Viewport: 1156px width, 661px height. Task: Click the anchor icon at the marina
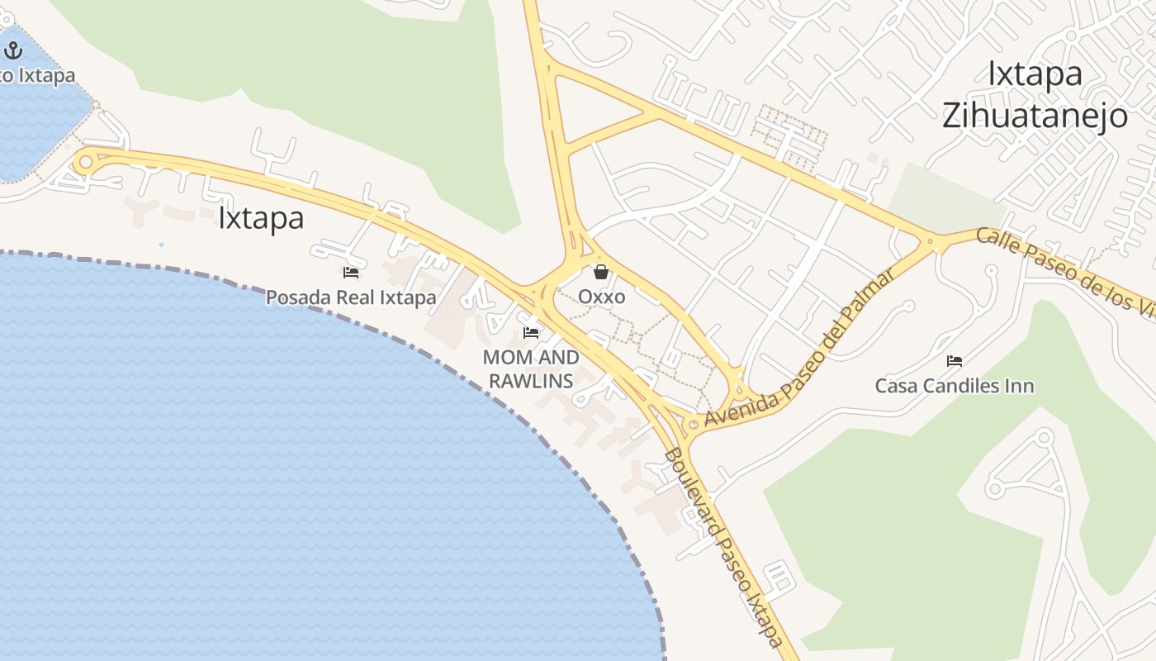click(x=12, y=51)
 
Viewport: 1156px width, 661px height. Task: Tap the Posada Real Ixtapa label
click(x=351, y=297)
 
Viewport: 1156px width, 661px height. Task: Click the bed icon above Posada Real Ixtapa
click(x=351, y=273)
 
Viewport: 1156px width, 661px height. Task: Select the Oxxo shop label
click(x=601, y=296)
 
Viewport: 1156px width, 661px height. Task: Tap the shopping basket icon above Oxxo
click(x=601, y=272)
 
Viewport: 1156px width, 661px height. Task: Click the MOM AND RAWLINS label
click(x=531, y=369)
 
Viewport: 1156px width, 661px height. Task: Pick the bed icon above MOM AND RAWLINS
click(x=531, y=333)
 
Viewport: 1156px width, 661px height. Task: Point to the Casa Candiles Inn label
click(x=955, y=386)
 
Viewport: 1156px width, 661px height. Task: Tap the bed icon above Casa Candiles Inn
click(x=955, y=361)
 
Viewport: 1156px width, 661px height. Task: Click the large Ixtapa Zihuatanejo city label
click(x=1035, y=94)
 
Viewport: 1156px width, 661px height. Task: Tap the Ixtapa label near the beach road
click(x=261, y=218)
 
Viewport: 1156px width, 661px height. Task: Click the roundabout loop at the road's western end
click(x=84, y=162)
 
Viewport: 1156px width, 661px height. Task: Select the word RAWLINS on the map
click(x=531, y=381)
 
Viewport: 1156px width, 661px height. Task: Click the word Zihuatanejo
click(x=1035, y=116)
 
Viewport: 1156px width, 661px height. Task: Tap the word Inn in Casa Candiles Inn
click(x=1018, y=386)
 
